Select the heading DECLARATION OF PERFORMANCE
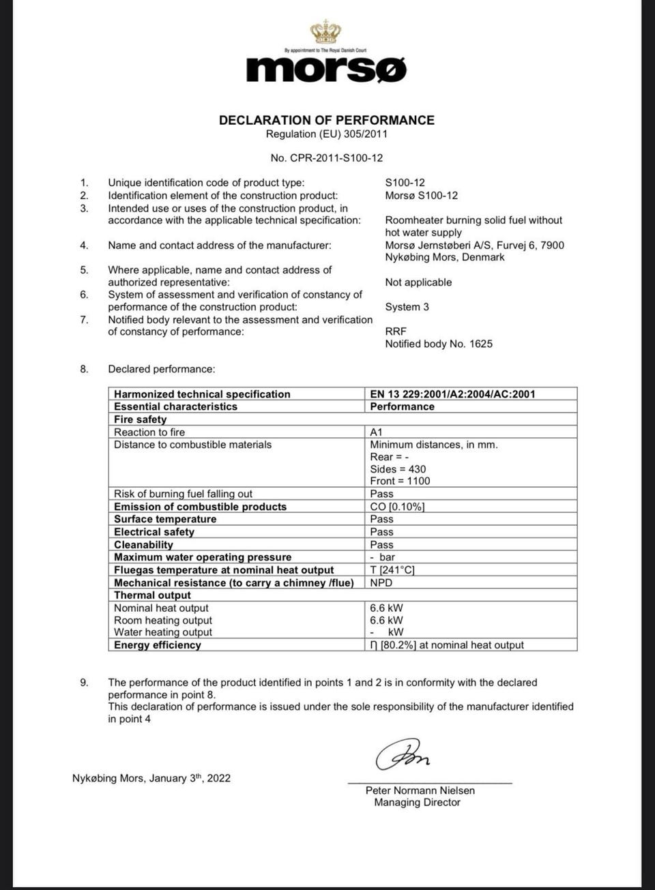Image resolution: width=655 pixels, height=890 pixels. pos(326,120)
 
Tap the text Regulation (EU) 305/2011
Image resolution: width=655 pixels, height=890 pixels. pos(326,134)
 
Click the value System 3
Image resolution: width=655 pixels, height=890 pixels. pos(407,307)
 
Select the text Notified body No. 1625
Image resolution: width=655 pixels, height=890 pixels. pos(438,344)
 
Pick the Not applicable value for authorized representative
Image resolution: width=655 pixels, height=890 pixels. pos(418,282)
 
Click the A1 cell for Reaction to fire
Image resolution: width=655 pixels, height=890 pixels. pos(377,432)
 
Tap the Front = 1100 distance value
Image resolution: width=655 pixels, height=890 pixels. pos(400,481)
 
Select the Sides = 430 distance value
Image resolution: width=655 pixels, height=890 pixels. pos(398,469)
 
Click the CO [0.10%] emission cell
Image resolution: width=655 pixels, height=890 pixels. pos(397,507)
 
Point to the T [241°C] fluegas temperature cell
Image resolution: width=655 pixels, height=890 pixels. pos(392,570)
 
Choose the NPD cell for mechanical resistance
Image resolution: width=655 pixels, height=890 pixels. pos(381,583)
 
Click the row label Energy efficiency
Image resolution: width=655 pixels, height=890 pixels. pos(158,645)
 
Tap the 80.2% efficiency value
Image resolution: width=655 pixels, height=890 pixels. pos(398,645)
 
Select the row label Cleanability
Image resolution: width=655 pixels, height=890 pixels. pos(143,545)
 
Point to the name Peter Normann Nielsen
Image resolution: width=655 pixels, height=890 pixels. pos(420,790)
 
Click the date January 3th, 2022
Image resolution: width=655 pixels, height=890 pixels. pos(189,778)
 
